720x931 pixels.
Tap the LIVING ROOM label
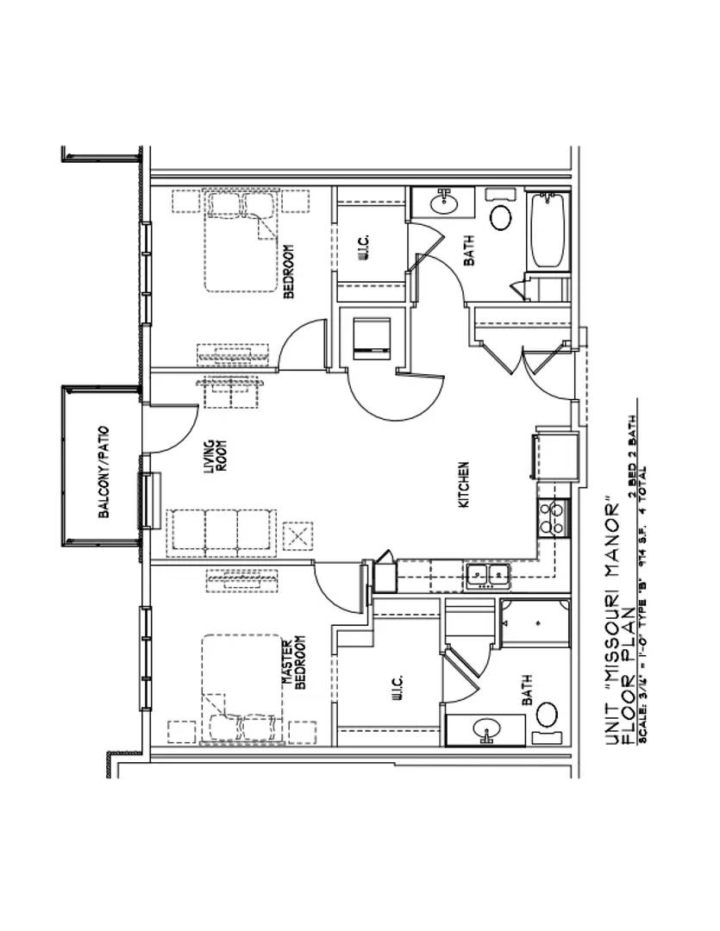(214, 458)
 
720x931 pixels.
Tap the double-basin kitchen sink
(487, 576)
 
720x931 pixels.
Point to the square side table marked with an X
(298, 536)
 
